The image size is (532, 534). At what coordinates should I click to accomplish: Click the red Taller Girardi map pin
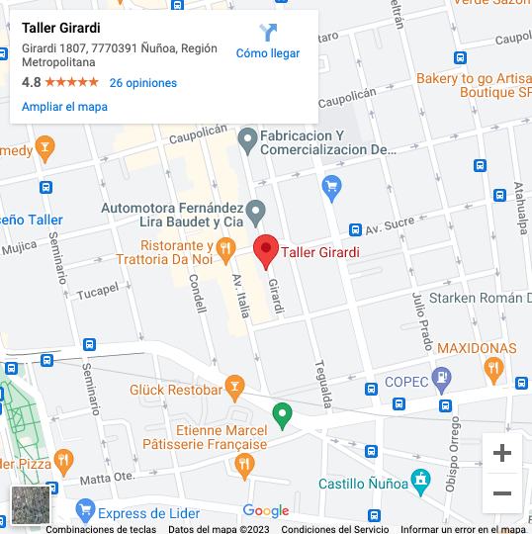coord(265,251)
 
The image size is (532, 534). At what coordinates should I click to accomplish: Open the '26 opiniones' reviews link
coord(143,83)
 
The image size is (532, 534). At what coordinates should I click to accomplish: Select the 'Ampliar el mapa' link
coord(64,107)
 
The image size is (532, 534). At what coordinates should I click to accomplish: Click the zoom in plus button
coord(502,453)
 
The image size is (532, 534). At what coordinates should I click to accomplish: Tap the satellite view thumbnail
coord(30,504)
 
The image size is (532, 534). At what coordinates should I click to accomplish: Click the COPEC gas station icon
coord(442,377)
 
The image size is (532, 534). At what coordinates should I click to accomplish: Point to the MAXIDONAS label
coord(477,349)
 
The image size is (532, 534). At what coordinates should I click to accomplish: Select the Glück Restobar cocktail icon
coord(234,384)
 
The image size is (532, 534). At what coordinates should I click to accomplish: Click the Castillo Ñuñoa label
coord(361,484)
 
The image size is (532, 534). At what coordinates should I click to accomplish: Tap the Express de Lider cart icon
coord(85,512)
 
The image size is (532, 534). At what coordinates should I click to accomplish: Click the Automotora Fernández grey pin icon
coord(255,210)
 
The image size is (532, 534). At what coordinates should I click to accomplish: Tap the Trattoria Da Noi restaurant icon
coord(225,246)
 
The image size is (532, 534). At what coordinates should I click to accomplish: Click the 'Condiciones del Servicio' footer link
coord(335,529)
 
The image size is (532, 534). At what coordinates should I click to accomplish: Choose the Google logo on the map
coord(266,511)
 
